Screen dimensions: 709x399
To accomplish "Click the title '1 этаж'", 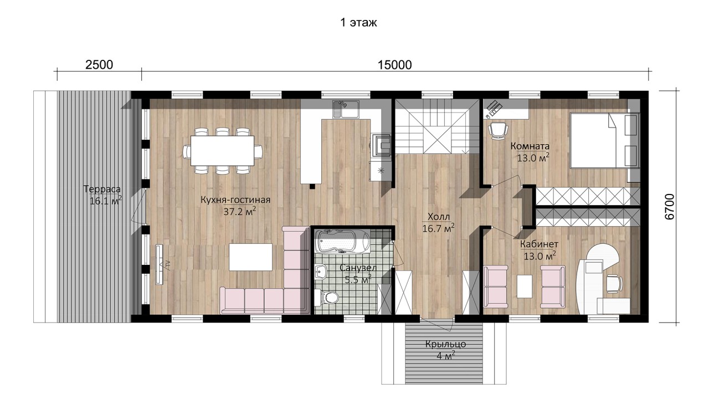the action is (358, 23).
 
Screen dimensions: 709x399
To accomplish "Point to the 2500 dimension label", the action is (99, 65).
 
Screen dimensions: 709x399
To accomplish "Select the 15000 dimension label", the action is (395, 65).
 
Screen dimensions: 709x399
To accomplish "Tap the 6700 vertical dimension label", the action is (670, 207).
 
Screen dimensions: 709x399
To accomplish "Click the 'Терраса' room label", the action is (102, 189).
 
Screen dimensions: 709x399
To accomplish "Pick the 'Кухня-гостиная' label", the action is (235, 200).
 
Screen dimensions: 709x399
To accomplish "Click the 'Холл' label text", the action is (438, 217).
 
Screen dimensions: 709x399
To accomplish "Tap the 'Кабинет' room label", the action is (540, 244).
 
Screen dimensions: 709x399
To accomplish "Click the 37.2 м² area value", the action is (240, 211).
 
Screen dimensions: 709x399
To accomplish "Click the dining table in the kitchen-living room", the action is (222, 151).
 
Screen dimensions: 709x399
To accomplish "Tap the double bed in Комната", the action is (604, 140).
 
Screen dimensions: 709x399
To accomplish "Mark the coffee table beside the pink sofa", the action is (251, 257).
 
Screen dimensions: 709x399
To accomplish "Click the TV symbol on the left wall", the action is (160, 264).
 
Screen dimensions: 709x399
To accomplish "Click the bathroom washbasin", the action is (321, 272).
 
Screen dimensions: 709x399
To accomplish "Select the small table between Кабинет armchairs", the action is (524, 287).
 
